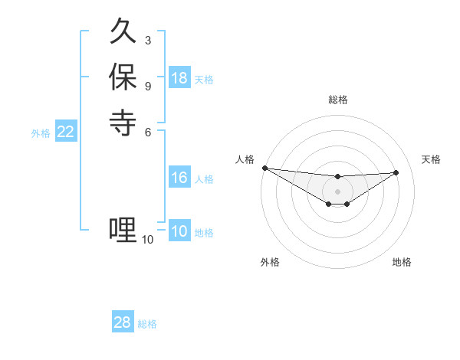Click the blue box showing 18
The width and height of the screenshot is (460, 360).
click(179, 78)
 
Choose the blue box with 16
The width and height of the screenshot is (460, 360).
click(179, 178)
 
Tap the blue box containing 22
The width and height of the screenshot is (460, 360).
click(66, 132)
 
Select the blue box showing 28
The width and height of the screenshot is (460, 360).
click(123, 322)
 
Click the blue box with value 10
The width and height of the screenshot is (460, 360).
click(179, 231)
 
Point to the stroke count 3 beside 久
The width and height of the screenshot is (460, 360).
click(148, 40)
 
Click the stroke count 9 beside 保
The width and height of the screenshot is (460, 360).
click(148, 85)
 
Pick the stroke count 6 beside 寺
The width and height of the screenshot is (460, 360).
click(148, 131)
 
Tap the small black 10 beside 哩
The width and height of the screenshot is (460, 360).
click(147, 240)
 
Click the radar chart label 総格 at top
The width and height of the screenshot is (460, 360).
click(337, 100)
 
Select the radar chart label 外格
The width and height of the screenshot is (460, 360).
click(270, 262)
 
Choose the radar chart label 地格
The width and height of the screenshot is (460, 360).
click(402, 262)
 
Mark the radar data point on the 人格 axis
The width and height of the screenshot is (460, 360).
click(264, 168)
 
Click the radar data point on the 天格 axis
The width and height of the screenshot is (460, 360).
click(396, 172)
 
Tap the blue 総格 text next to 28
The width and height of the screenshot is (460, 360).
click(147, 324)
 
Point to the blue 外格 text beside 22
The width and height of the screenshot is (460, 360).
click(41, 133)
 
